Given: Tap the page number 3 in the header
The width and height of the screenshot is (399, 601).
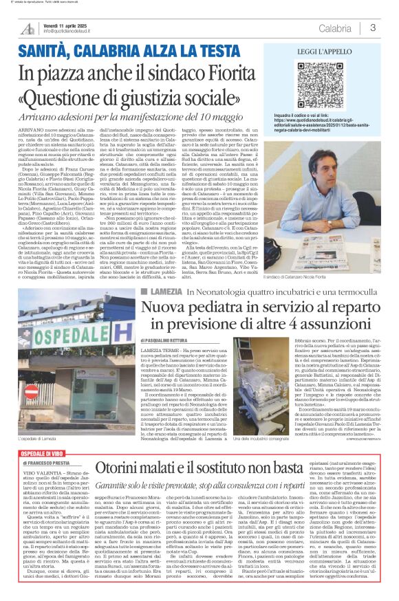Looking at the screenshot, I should (372, 28).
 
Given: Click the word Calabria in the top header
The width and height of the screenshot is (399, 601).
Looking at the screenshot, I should (334, 28).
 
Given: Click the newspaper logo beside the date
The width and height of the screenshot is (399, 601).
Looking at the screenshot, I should (28, 28).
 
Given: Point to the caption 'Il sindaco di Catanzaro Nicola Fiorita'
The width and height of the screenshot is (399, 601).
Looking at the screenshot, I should (323, 276).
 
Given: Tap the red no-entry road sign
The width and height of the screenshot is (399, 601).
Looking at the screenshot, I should (31, 391).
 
